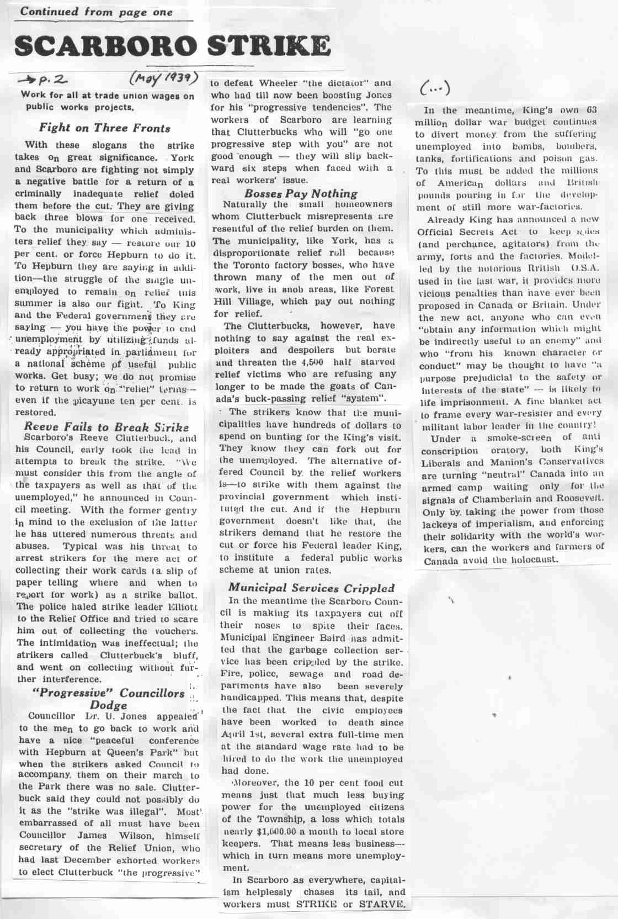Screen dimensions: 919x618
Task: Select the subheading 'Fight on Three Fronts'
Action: click(104, 128)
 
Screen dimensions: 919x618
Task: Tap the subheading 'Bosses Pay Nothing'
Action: click(301, 193)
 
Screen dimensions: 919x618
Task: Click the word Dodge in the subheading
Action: click(108, 705)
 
